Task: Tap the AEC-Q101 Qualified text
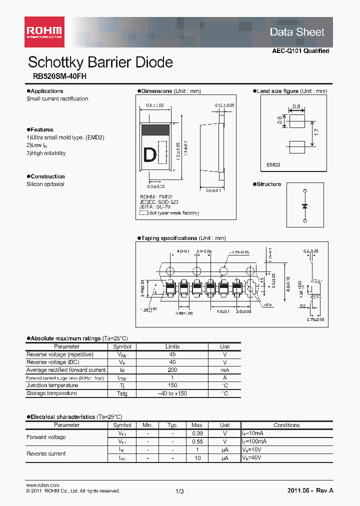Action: (x=300, y=51)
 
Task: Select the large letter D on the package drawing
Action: (x=149, y=155)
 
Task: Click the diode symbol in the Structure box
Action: (x=305, y=206)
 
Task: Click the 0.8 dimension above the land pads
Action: (x=296, y=106)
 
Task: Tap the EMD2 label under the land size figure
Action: (x=273, y=164)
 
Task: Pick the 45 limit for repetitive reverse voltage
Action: (x=172, y=354)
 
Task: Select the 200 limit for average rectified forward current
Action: (x=172, y=370)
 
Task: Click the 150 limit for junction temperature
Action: (x=172, y=385)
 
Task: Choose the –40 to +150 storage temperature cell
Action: (x=172, y=393)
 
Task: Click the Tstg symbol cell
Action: (x=122, y=393)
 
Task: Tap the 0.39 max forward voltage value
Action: (x=197, y=433)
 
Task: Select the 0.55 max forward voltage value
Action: (x=197, y=441)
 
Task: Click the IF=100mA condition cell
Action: (x=255, y=441)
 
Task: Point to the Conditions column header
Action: (x=286, y=425)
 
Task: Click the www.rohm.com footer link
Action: (x=42, y=485)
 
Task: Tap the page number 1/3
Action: (x=179, y=491)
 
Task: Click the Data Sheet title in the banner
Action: (x=297, y=32)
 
